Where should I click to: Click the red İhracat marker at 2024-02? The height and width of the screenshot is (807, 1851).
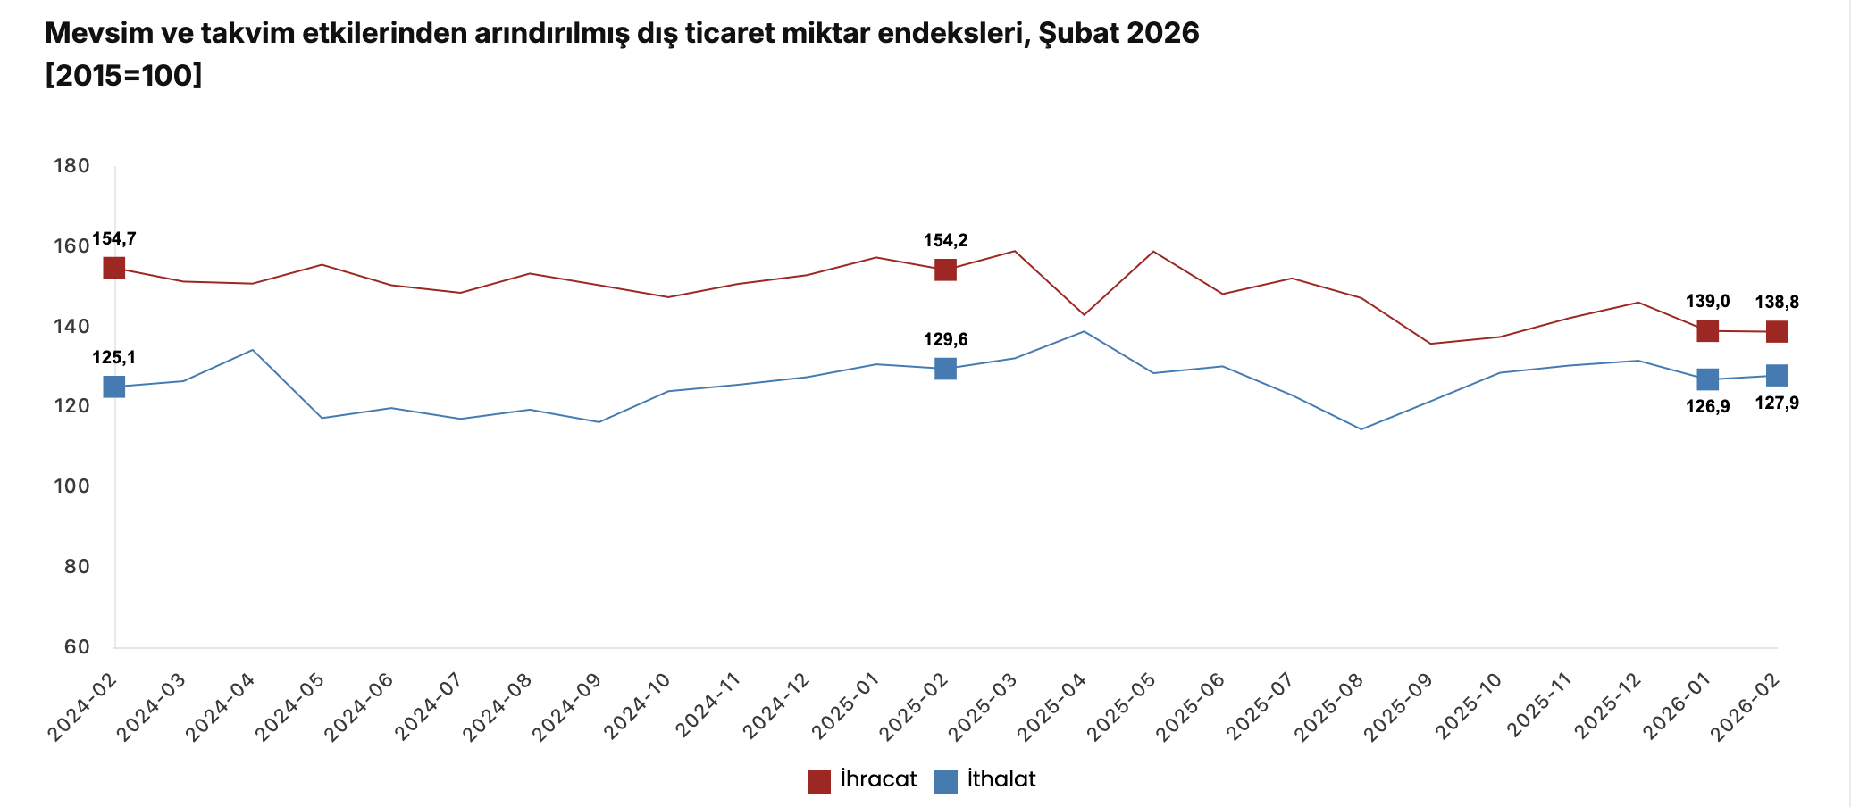pos(113,268)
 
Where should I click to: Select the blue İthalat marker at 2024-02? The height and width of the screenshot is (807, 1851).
pos(113,387)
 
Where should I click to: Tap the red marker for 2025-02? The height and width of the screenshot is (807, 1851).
pos(945,270)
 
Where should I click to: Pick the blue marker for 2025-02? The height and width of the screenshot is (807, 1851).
pos(945,369)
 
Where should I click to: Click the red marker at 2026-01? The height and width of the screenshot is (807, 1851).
pos(1707,330)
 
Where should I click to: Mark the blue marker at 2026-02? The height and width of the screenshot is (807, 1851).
pos(1777,375)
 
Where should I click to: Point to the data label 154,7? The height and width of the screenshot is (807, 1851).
pos(113,239)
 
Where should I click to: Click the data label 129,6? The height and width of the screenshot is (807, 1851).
pos(945,340)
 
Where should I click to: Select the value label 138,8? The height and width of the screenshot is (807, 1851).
pos(1777,303)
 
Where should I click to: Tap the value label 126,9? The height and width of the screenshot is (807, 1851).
pos(1707,407)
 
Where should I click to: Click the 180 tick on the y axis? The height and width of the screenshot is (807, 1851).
pos(71,166)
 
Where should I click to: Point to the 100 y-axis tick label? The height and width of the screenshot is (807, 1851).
pos(71,487)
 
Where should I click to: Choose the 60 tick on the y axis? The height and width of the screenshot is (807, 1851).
pos(77,647)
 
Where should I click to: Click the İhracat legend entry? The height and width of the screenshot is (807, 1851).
pos(878,779)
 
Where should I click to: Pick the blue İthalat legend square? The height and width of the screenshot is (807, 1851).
pos(945,781)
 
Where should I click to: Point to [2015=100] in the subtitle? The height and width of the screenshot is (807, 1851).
pos(123,76)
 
